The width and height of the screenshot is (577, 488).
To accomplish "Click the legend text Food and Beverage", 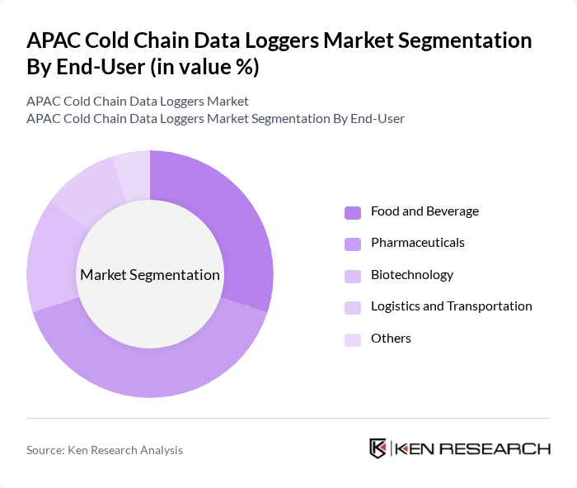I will coord(425,211).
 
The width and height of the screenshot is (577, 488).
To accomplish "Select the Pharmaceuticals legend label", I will coord(417,243).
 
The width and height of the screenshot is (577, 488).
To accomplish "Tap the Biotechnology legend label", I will coord(411,275).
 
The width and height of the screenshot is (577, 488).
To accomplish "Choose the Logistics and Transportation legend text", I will coord(451,306).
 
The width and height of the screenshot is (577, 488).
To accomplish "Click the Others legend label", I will coord(391,339).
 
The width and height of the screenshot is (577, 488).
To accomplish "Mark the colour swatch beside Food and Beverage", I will coord(353,212).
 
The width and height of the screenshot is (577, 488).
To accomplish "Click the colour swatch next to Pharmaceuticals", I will coord(353,244).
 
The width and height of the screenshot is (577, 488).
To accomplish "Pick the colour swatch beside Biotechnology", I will coord(353,276).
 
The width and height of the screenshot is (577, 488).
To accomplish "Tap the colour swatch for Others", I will coord(353,339).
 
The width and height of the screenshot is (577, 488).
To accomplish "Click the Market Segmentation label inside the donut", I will coord(150,275).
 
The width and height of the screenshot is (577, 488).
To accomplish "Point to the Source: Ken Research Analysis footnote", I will coord(105,450).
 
